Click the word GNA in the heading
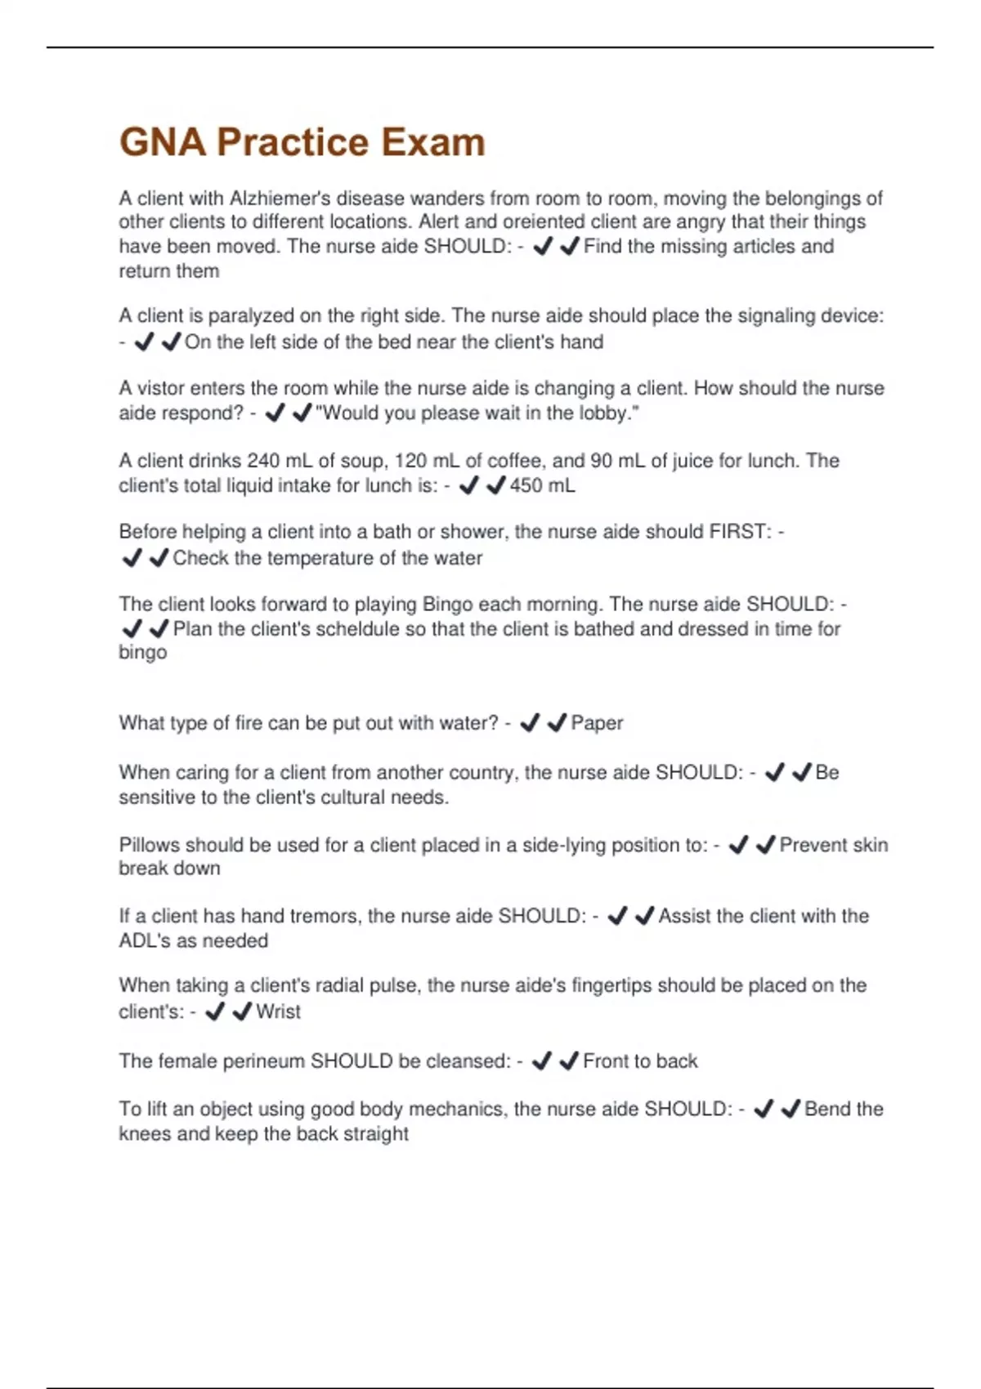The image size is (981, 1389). click(163, 142)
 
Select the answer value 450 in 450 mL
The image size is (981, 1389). click(525, 485)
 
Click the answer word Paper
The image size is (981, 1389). click(597, 723)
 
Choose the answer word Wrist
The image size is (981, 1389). click(278, 1012)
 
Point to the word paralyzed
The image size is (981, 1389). click(251, 316)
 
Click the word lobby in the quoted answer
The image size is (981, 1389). click(604, 413)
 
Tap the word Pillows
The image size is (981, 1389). click(149, 845)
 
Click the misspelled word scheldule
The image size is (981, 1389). click(327, 629)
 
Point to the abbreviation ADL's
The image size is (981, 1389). click(145, 940)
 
